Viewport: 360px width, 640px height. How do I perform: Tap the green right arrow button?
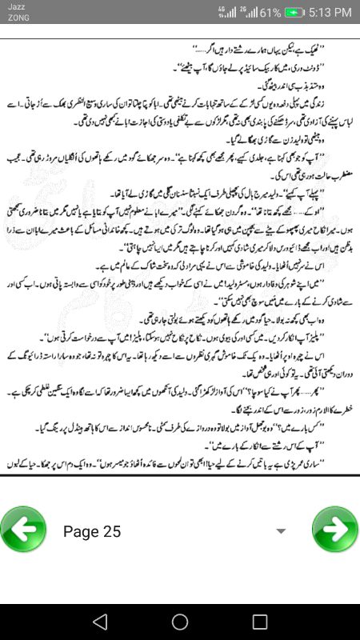335,530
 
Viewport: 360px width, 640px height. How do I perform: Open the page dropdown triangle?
281,531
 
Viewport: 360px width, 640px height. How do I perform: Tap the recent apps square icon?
260,622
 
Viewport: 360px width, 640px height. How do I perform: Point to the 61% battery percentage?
270,13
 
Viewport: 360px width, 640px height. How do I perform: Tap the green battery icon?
296,13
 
